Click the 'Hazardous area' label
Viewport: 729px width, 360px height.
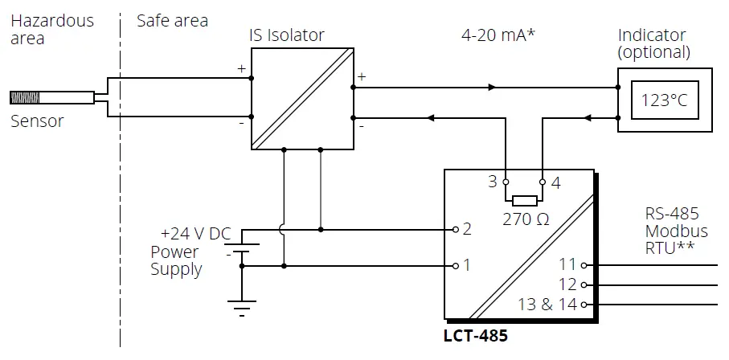tap(51, 29)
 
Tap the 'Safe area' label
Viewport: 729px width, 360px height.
tap(172, 20)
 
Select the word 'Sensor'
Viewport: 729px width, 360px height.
tap(37, 122)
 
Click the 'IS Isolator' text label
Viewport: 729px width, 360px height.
tap(287, 35)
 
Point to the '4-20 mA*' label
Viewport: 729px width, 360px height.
tap(498, 35)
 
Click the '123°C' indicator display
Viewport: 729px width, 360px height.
tap(664, 101)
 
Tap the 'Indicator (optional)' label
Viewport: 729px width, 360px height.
tap(653, 44)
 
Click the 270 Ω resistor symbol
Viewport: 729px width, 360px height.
tap(524, 200)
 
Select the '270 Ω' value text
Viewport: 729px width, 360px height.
tap(526, 219)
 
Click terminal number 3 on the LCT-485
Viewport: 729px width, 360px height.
tap(492, 182)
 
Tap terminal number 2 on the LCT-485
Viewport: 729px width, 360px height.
tap(466, 230)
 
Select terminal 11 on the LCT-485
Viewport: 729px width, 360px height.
tap(568, 264)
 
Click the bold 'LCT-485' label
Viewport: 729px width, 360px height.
tap(475, 335)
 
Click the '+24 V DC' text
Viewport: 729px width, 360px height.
tap(195, 234)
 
